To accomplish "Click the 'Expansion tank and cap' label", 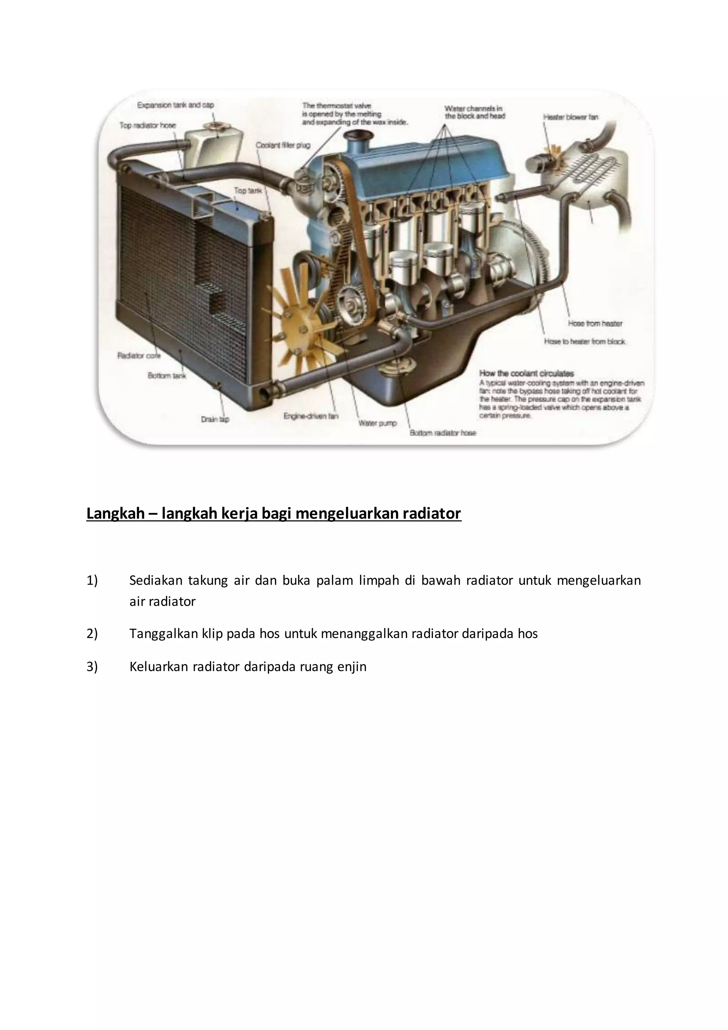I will [x=175, y=105].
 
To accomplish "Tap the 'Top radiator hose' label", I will [x=148, y=125].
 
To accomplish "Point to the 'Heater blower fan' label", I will [x=571, y=117].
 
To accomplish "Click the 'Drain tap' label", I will [x=215, y=419].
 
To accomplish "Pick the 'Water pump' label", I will [x=378, y=423].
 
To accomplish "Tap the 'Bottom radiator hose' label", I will [x=443, y=433].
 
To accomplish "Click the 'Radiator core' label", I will [x=139, y=355].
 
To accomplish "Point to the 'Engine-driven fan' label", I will [x=311, y=416].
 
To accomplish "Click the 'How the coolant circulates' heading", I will [x=526, y=373].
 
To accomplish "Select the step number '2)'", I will [x=92, y=633].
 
